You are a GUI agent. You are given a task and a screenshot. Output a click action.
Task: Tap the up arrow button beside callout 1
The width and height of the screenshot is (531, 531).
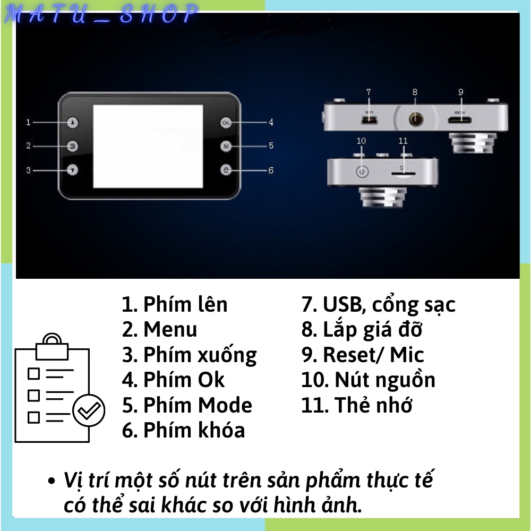(73, 123)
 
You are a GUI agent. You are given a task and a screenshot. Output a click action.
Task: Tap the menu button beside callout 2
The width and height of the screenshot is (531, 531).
(73, 145)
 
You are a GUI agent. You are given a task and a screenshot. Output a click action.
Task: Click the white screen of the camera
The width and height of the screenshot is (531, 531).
(148, 147)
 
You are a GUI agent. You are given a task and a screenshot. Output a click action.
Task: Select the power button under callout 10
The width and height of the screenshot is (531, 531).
(361, 172)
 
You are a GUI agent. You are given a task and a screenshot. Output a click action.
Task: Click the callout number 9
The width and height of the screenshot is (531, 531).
(461, 92)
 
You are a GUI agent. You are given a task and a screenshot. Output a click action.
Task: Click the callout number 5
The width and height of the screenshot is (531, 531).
(271, 145)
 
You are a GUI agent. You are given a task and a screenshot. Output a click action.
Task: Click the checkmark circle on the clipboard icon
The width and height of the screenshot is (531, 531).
(89, 411)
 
